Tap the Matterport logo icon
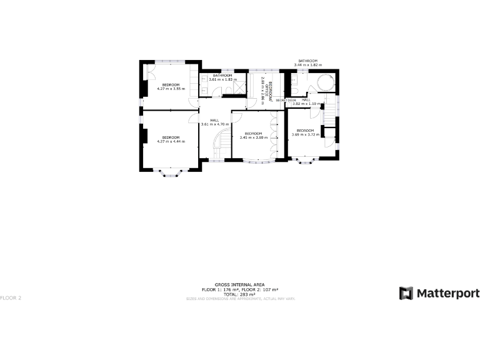pos(406,293)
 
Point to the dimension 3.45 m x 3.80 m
pos(253,137)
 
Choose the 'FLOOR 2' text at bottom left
pos(11,297)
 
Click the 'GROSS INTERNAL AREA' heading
pos(239,284)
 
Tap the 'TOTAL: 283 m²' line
pos(239,294)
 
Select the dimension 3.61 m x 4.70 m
pos(214,124)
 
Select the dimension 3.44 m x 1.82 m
pos(307,65)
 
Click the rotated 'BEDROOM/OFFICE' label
pos(267,91)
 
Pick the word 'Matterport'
pos(448,293)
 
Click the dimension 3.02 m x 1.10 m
pos(306,104)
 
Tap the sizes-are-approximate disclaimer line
pos(239,299)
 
